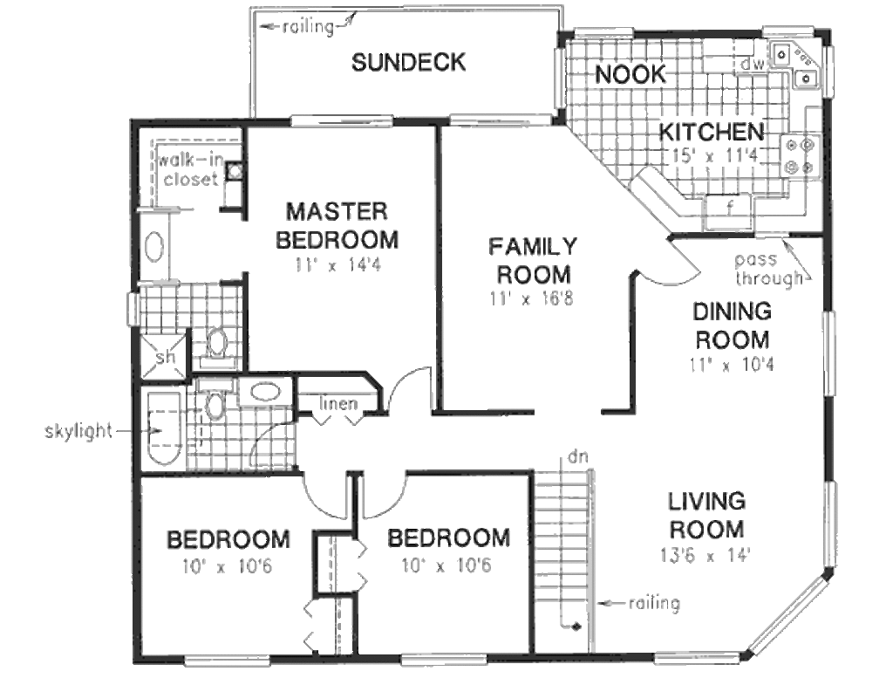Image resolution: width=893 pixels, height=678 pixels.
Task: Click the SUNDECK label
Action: point(408,62)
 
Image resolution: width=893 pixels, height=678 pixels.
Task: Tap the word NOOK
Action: point(631,74)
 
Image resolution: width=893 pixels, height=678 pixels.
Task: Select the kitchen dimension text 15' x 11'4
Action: point(715,155)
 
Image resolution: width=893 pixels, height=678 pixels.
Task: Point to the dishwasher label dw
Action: point(752,65)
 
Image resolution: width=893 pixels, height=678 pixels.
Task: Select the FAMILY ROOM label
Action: point(534,261)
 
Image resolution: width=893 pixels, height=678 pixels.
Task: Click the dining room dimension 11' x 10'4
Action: point(732,364)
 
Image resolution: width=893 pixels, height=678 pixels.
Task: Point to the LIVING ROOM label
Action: point(706,515)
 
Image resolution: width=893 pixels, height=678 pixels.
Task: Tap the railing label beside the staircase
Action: point(654,603)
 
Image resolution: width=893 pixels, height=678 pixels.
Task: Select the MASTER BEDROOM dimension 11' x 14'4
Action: point(337,265)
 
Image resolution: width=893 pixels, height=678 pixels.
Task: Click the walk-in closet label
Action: point(190,169)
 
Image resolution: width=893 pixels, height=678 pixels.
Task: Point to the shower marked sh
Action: point(164,357)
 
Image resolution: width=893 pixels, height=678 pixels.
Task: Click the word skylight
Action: point(78,431)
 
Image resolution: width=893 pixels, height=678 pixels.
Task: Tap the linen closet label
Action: point(338,403)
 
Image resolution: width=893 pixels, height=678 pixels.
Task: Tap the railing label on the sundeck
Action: point(308,27)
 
